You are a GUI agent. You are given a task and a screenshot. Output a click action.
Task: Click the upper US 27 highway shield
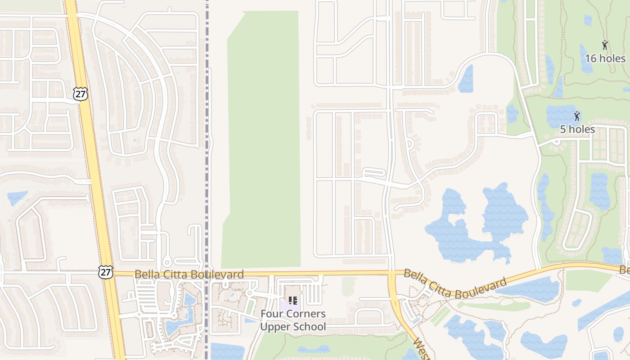[80, 94]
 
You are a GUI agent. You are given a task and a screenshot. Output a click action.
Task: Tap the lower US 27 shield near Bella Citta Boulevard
[105, 271]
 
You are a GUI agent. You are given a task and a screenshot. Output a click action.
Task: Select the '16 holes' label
[605, 58]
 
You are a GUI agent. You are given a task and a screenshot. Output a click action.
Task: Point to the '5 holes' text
[577, 130]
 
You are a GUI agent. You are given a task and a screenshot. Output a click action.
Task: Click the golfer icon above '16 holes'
[605, 45]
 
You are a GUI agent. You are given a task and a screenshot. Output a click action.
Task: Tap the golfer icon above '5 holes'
[577, 116]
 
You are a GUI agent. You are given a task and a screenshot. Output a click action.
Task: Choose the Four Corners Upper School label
[293, 320]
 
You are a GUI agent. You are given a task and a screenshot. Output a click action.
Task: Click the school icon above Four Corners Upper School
[292, 301]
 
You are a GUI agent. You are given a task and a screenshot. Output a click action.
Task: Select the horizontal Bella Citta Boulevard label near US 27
[189, 274]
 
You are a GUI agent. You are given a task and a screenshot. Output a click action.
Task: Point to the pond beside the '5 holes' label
[558, 115]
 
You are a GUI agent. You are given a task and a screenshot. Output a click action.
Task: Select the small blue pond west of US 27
[17, 197]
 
